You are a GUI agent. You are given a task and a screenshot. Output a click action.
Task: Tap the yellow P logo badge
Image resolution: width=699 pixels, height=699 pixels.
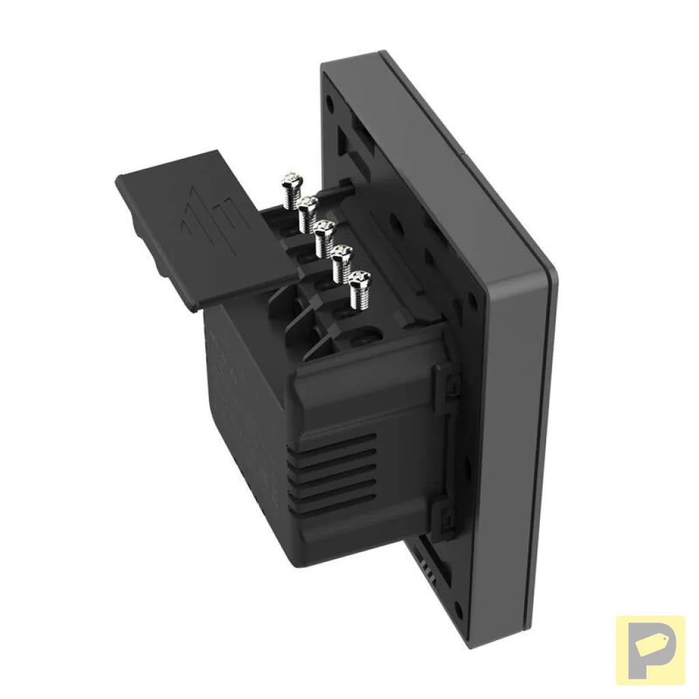pos(650,650)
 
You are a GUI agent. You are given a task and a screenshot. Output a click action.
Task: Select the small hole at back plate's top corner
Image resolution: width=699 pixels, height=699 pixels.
pos(330,104)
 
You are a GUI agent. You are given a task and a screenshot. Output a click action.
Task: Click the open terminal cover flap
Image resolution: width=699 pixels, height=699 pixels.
pos(198,225)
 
